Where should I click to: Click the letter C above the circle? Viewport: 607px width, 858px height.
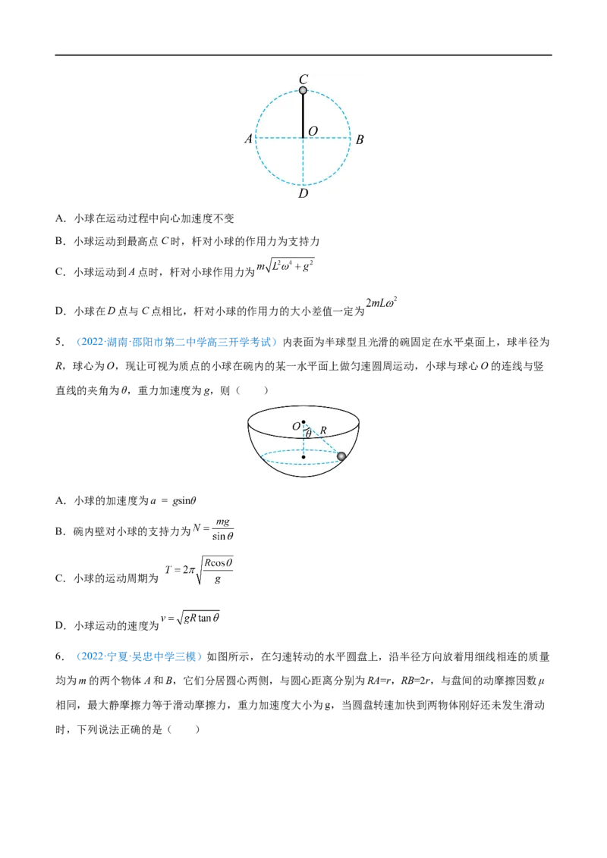[x=303, y=79]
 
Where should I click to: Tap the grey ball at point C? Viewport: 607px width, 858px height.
[x=303, y=90]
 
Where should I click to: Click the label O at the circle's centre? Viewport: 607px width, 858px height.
[x=313, y=131]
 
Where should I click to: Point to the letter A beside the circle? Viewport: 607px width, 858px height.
[x=248, y=139]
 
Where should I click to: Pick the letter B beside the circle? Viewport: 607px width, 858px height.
[x=360, y=139]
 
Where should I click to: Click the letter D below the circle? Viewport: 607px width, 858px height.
[x=303, y=194]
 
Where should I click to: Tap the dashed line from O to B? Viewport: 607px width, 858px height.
[x=327, y=138]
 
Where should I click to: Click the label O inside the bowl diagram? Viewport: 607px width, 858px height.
[x=296, y=427]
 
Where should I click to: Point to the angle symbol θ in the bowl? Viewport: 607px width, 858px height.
[x=308, y=434]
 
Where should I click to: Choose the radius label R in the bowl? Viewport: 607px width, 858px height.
[x=323, y=431]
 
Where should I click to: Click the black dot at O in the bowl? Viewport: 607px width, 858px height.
[x=303, y=422]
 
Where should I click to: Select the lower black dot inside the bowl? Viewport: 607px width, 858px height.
[x=303, y=457]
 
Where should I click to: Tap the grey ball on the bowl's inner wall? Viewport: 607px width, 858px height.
[x=341, y=455]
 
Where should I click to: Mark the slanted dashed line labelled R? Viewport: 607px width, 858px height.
[x=324, y=440]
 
